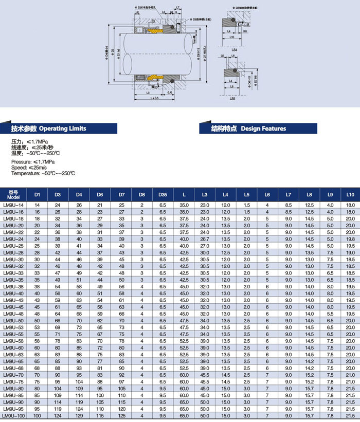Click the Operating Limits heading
click(x=49, y=129)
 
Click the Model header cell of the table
click(x=13, y=195)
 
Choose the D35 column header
click(x=163, y=195)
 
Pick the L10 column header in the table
click(x=350, y=195)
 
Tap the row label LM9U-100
click(x=13, y=415)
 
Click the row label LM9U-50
click(x=13, y=320)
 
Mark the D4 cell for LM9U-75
click(x=79, y=382)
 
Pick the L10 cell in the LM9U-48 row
click(x=350, y=314)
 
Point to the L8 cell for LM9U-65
click(x=309, y=361)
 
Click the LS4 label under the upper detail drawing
click(x=233, y=50)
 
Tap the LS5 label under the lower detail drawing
click(x=232, y=98)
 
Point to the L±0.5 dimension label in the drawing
click(x=154, y=97)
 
